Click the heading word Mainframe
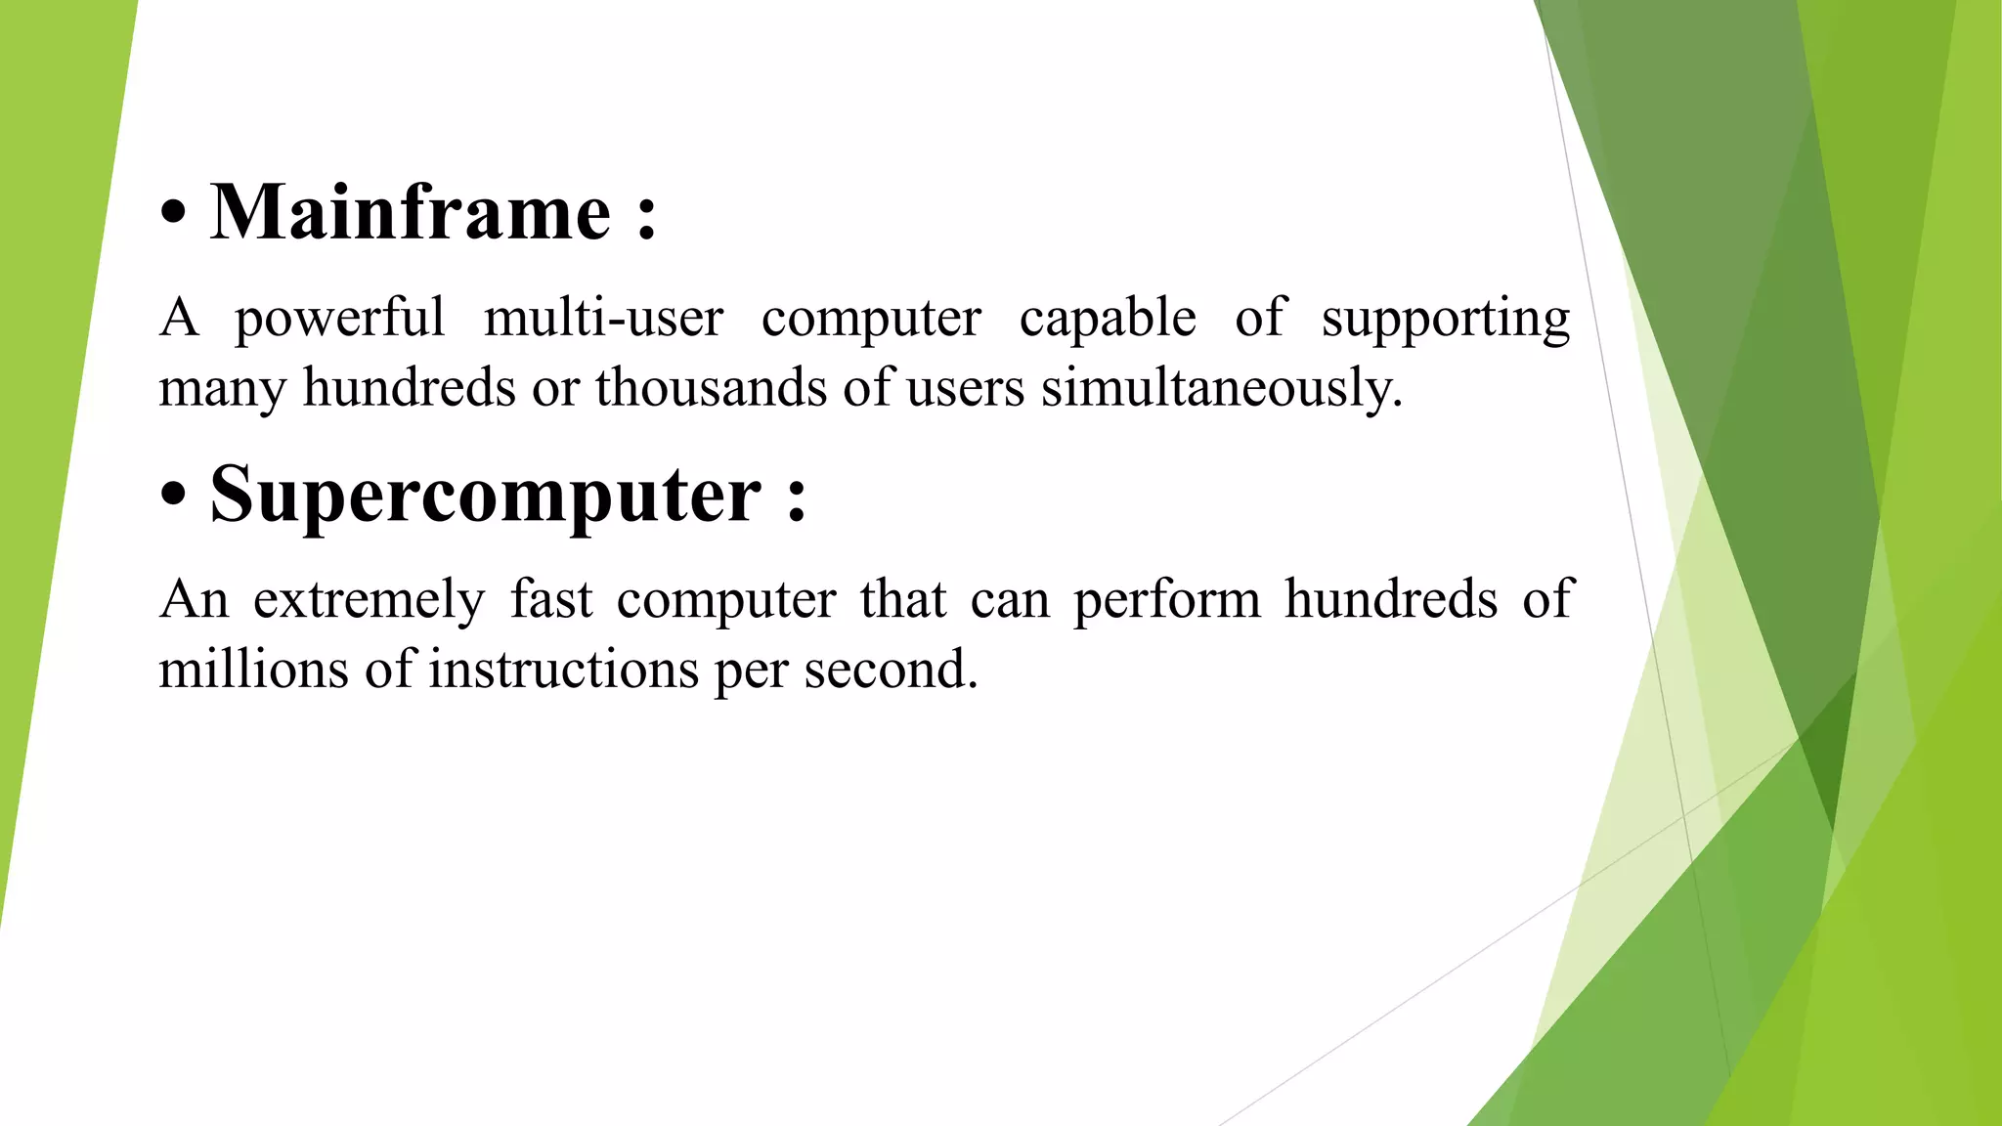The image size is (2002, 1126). pos(411,212)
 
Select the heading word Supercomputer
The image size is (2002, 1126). pos(485,495)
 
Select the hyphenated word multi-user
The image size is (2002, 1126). pos(603,318)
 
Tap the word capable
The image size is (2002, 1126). pos(1108,318)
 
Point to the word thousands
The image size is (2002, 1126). pos(712,387)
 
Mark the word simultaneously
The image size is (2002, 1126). pos(1222,389)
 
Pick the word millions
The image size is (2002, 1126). pos(254,670)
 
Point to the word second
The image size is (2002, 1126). pos(891,670)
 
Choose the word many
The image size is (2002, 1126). pos(222,389)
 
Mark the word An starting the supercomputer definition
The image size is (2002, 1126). pos(194,599)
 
